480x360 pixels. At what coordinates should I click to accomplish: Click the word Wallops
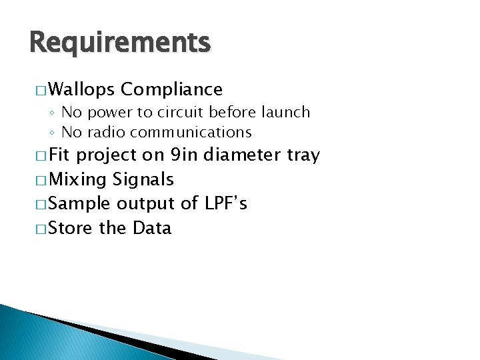coord(82,89)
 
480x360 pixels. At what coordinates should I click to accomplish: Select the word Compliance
coord(172,89)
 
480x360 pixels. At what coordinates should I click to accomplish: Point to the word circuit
coord(182,112)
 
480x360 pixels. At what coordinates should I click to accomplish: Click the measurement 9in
coord(184,155)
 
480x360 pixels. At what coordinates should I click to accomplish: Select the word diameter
coord(242,155)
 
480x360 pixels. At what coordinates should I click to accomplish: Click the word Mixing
coord(79,180)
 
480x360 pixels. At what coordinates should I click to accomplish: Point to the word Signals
coord(143,180)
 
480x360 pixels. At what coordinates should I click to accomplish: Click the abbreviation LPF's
coord(226,203)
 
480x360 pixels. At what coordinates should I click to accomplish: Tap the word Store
coord(72,228)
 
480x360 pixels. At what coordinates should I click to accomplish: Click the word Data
coord(152,228)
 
